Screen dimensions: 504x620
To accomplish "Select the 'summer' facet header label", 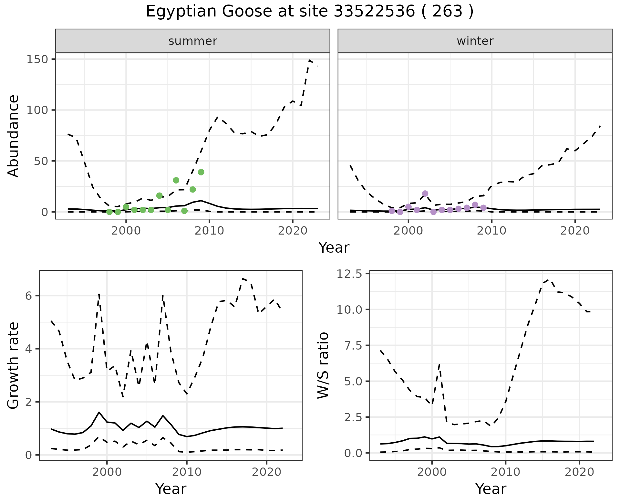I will tap(193, 41).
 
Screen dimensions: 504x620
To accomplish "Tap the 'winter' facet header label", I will tap(475, 41).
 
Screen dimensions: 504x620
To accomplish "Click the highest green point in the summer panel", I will tap(201, 172).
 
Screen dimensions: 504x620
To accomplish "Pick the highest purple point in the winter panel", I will tap(425, 194).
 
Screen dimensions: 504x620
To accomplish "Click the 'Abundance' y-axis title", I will tap(14, 136).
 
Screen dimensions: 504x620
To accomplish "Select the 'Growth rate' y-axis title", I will tap(14, 366).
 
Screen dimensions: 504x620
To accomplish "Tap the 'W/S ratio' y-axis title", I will tap(323, 366).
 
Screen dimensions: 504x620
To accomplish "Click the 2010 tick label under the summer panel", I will tap(209, 231).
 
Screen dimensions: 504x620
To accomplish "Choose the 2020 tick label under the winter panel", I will tap(575, 231).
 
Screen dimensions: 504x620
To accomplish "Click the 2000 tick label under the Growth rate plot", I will tap(107, 472).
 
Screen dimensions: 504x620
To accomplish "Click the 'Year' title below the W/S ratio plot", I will tap(491, 489).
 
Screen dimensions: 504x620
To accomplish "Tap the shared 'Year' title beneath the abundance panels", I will tap(334, 248).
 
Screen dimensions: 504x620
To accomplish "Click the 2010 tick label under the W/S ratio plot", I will tap(505, 472).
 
